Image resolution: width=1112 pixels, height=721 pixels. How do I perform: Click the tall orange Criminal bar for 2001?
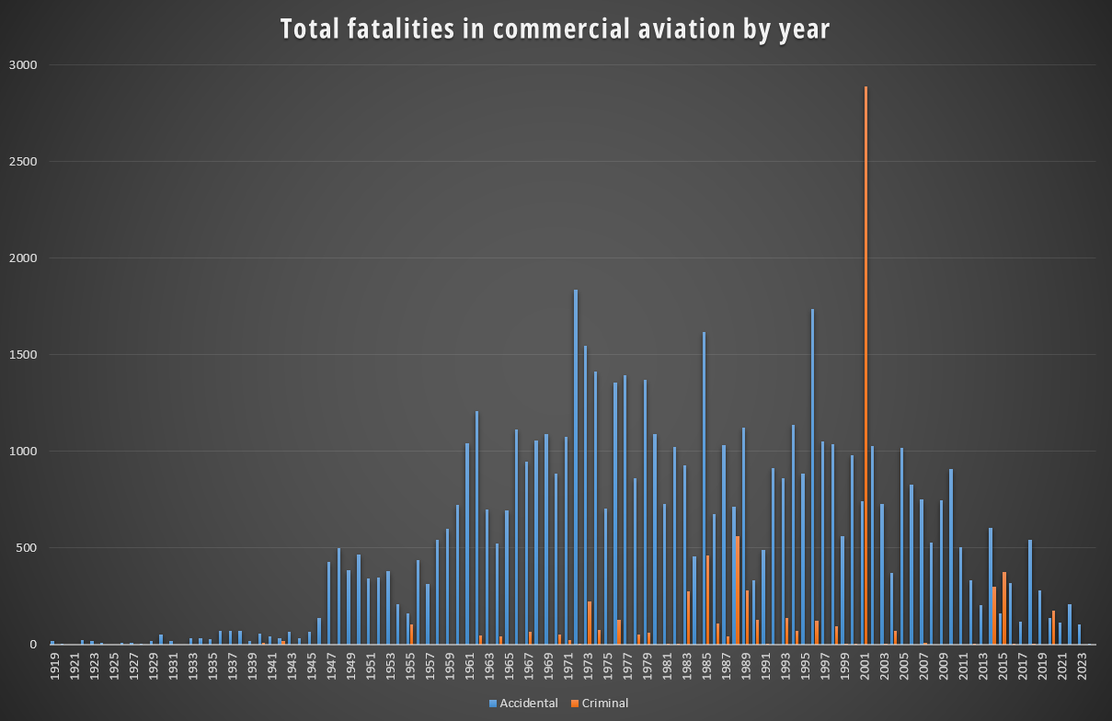[x=866, y=368]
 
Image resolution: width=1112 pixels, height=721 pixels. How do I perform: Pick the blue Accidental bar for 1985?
[x=704, y=487]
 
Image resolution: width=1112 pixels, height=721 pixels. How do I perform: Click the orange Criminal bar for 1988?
[x=738, y=589]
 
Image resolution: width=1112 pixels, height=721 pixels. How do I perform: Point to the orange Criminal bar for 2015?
[x=1004, y=608]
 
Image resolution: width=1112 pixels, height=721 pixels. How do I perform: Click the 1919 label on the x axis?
[x=54, y=665]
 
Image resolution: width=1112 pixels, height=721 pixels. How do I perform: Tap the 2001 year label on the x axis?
[x=866, y=665]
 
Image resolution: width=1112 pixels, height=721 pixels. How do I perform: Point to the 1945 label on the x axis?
[x=311, y=665]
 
